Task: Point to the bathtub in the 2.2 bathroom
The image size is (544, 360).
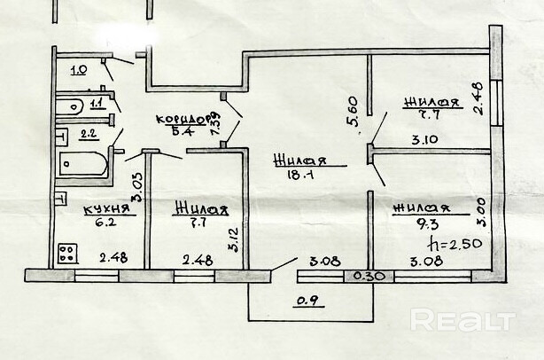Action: [x=82, y=164]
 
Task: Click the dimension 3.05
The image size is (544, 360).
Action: [x=136, y=187]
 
